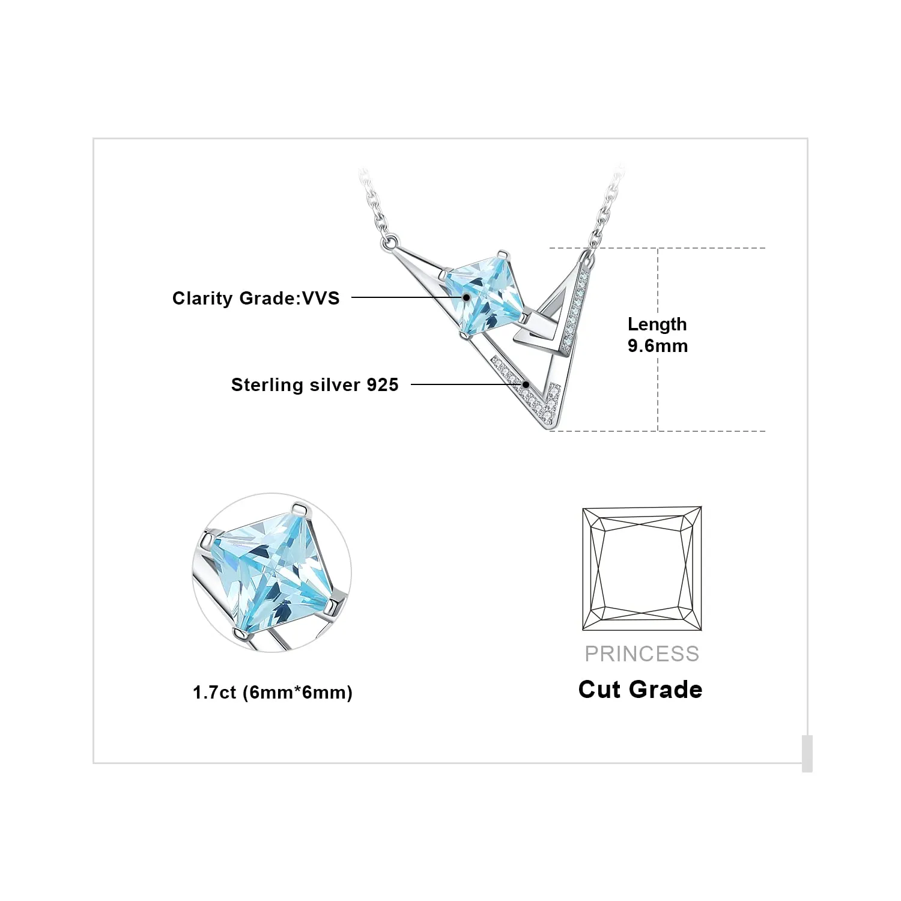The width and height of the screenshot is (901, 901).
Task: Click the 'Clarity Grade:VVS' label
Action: (256, 298)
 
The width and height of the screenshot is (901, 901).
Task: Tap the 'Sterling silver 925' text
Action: (315, 384)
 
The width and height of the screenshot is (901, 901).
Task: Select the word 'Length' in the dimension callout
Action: (657, 324)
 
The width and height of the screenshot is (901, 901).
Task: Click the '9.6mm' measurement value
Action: (658, 346)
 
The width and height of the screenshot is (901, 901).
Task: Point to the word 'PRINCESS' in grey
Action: (642, 654)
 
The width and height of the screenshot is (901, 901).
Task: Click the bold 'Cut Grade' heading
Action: (640, 690)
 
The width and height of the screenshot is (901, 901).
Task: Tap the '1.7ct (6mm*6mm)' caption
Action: (273, 693)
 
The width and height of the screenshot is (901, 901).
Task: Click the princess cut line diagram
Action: (642, 568)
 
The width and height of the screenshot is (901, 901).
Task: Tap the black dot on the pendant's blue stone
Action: (466, 297)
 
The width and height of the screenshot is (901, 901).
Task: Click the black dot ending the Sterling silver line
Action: (526, 384)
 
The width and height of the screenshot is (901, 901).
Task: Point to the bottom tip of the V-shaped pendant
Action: (549, 428)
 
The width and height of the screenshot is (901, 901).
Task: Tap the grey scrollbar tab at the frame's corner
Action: (807, 753)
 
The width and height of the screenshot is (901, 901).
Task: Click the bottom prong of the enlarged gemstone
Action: (240, 633)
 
